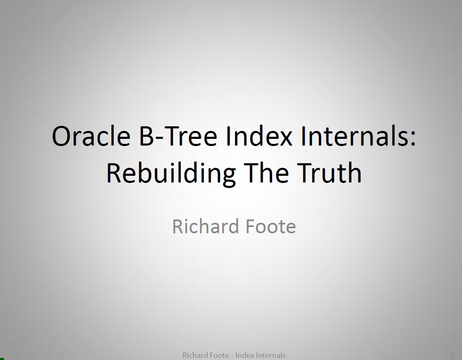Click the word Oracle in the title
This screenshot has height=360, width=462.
click(x=91, y=136)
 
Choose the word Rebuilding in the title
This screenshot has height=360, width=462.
click(x=170, y=172)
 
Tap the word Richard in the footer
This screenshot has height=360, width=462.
click(x=195, y=355)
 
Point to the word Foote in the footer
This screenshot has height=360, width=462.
click(x=219, y=355)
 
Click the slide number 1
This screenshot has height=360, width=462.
click(x=452, y=355)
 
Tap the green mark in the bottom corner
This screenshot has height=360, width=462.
click(x=2, y=358)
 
